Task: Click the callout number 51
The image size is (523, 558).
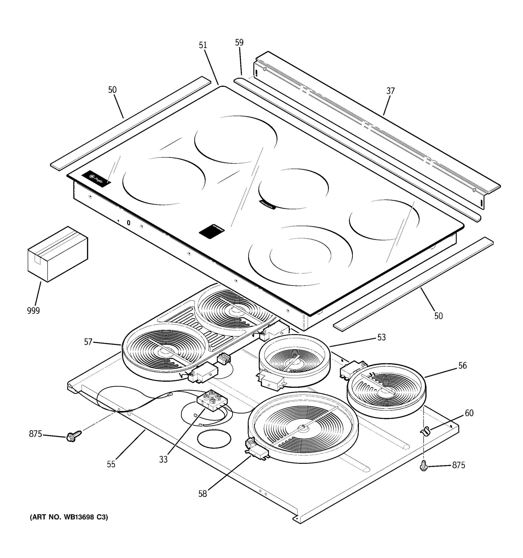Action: (x=203, y=45)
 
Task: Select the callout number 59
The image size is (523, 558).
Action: (x=239, y=42)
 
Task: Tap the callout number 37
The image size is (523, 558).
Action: (x=390, y=91)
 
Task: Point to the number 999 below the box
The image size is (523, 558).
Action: (x=33, y=311)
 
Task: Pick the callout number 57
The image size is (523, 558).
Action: (x=88, y=342)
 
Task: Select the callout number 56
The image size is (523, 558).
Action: (x=462, y=365)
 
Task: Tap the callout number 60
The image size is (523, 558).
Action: (x=469, y=413)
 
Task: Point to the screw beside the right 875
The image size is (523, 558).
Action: (x=424, y=466)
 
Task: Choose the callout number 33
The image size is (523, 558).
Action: (x=163, y=459)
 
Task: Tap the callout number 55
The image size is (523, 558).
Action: (x=111, y=464)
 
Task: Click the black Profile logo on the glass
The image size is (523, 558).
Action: (x=96, y=179)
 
